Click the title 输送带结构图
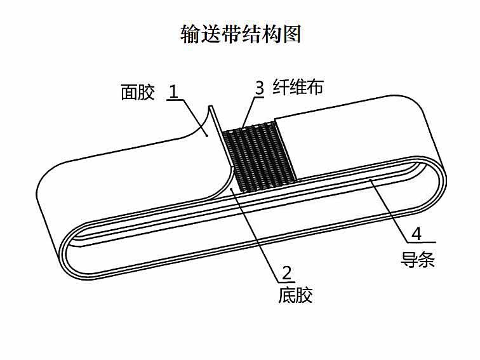tap(241, 34)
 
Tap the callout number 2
tap(286, 274)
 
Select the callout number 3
tap(259, 88)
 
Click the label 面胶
tap(138, 93)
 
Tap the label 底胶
tap(295, 295)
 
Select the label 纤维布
tap(298, 86)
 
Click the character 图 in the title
tap(291, 34)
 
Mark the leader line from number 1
tap(195, 116)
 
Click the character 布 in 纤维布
tap(315, 86)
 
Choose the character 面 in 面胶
tap(129, 93)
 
